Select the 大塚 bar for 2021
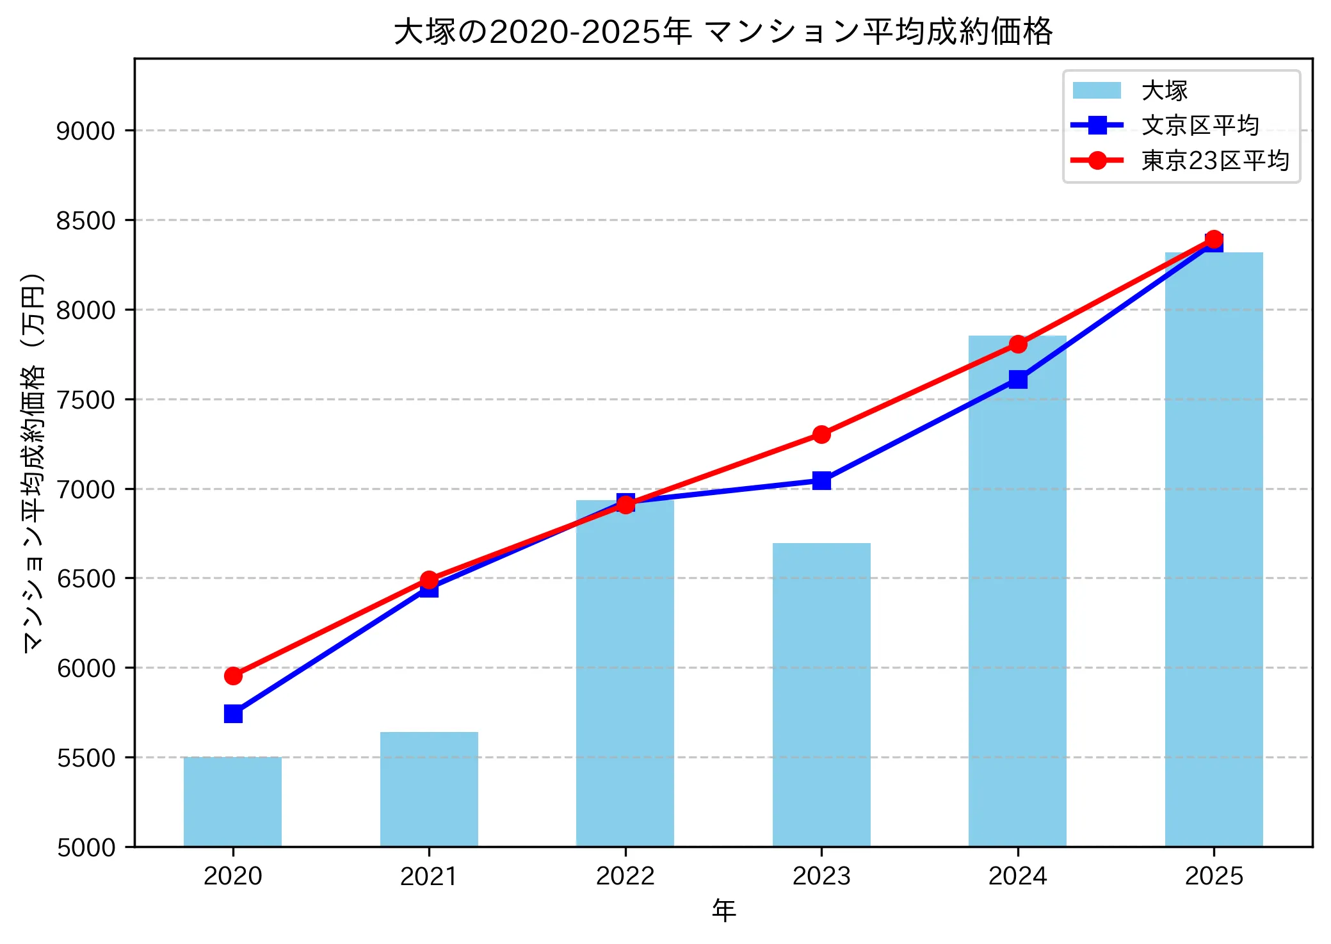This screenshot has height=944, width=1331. pyautogui.click(x=429, y=789)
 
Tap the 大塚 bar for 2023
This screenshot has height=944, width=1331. pyautogui.click(x=821, y=695)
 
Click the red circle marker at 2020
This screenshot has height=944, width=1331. pyautogui.click(x=233, y=676)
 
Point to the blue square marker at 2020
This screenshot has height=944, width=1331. pyautogui.click(x=233, y=713)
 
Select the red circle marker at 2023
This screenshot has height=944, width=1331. pyautogui.click(x=821, y=434)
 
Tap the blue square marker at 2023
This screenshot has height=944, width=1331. pyautogui.click(x=821, y=480)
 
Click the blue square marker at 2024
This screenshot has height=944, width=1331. pyautogui.click(x=1018, y=379)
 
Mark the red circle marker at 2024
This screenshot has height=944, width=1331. pyautogui.click(x=1018, y=344)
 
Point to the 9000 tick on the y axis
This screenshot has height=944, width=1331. pyautogui.click(x=85, y=131)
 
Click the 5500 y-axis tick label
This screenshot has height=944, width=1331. pyautogui.click(x=85, y=758)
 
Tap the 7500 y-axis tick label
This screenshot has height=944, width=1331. pyautogui.click(x=85, y=400)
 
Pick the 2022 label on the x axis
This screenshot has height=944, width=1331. pyautogui.click(x=625, y=875)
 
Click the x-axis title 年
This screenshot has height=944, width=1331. pyautogui.click(x=723, y=910)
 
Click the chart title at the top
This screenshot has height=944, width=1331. pyautogui.click(x=723, y=31)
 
